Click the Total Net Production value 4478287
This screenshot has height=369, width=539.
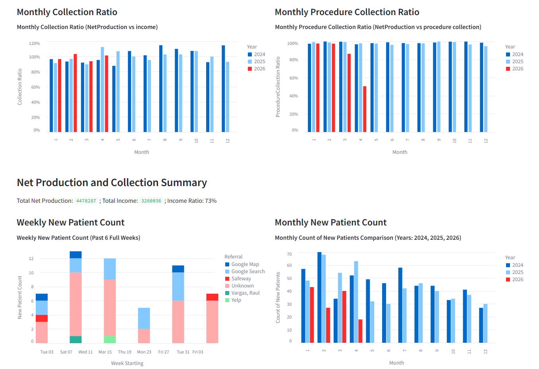[86, 201]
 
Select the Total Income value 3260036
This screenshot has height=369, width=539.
[151, 201]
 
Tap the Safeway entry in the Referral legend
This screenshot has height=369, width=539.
[241, 279]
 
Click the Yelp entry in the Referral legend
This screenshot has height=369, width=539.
[236, 300]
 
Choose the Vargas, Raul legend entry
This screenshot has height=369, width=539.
[245, 293]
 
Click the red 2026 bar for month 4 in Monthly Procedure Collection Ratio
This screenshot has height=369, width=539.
[365, 109]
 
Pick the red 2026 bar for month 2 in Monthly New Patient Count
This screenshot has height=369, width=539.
[328, 325]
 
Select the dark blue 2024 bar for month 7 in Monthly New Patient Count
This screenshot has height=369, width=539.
[400, 305]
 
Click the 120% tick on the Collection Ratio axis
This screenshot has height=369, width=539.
[35, 43]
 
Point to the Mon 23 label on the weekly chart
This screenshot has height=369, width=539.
[144, 352]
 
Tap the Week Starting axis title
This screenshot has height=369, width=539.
[127, 363]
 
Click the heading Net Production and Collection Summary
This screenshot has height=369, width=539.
[112, 183]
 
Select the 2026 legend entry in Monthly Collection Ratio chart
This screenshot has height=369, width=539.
[259, 69]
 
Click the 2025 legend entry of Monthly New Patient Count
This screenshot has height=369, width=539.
[517, 272]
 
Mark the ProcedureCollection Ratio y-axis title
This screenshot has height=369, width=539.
[278, 87]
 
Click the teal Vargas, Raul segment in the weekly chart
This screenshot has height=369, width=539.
[75, 340]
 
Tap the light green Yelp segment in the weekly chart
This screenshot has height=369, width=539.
[110, 340]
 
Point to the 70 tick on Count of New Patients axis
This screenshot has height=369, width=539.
[289, 254]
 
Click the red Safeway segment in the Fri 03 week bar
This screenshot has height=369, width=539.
[212, 297]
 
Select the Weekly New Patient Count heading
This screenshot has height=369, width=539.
[71, 223]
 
